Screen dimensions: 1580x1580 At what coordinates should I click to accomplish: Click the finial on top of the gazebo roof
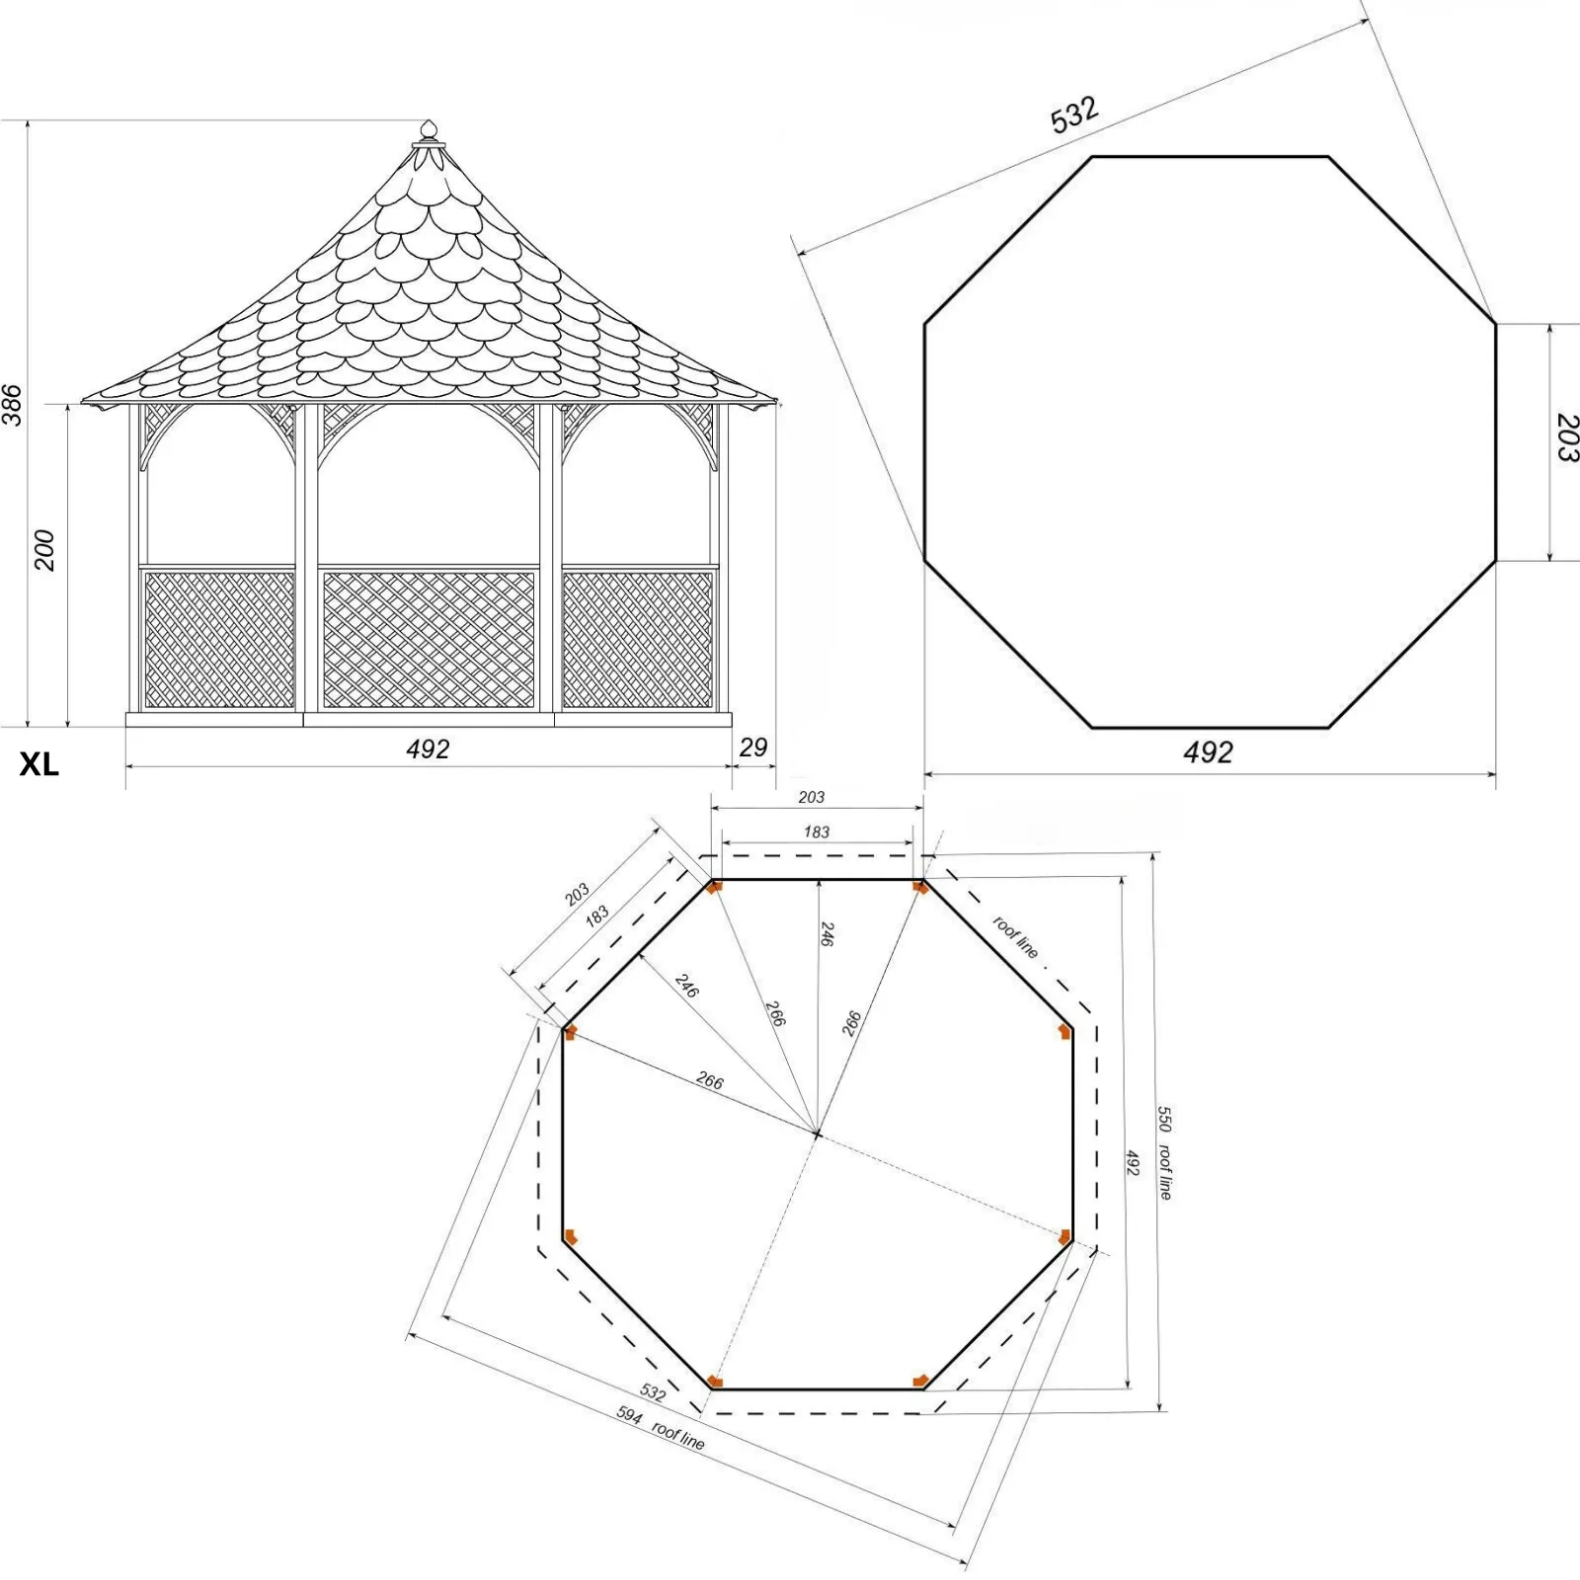pos(428,131)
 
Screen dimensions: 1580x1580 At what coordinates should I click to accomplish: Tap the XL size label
pos(39,764)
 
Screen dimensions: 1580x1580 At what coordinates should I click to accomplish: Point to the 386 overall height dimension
pos(12,405)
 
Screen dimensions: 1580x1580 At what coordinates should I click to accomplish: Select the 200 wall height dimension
pos(44,550)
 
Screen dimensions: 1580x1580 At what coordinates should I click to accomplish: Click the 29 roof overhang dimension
pos(753,748)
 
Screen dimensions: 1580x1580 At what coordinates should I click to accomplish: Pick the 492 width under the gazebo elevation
pos(428,750)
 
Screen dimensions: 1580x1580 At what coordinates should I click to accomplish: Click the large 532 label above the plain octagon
pos(1073,115)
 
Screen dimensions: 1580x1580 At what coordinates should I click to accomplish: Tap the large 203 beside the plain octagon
pos(1566,438)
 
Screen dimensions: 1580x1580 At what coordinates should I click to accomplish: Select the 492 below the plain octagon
pos(1208,753)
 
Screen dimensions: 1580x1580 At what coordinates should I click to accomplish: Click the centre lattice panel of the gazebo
pos(429,640)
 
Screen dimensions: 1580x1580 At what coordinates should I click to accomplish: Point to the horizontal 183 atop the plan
pos(817,831)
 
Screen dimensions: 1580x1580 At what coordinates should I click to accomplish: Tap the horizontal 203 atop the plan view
pos(811,797)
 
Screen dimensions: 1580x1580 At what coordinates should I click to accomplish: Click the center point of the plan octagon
pos(817,1134)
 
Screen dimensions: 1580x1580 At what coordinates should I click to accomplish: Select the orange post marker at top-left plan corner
pos(715,886)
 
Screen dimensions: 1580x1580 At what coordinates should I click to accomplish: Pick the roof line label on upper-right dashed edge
pos(1015,937)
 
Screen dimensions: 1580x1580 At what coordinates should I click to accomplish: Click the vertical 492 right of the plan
pos(1133,1162)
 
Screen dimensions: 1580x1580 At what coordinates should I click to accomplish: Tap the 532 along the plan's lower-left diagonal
pos(652,1392)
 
